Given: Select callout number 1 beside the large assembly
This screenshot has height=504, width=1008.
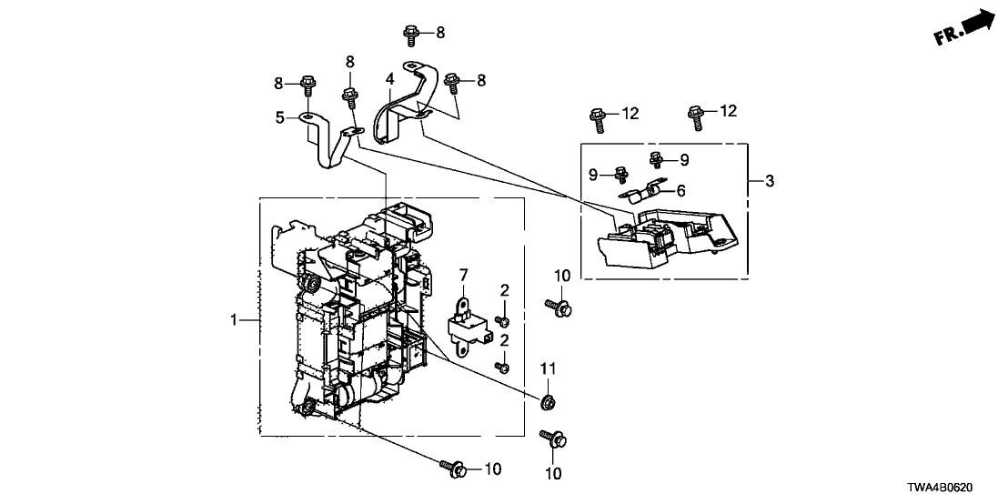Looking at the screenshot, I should pos(234,320).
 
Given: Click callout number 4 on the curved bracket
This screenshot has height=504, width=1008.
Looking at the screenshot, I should pos(389,80).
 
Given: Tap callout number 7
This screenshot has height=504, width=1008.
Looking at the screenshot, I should pos(462,274).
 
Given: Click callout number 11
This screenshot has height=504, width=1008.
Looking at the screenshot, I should pos(549,368).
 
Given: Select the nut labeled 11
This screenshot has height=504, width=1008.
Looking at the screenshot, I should pos(549,401).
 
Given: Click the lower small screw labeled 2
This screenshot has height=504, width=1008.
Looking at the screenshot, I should pos(501,366).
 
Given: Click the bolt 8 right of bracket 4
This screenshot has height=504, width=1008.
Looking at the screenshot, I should pos(452,82).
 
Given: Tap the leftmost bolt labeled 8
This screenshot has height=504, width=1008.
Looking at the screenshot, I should pos(307,86).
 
